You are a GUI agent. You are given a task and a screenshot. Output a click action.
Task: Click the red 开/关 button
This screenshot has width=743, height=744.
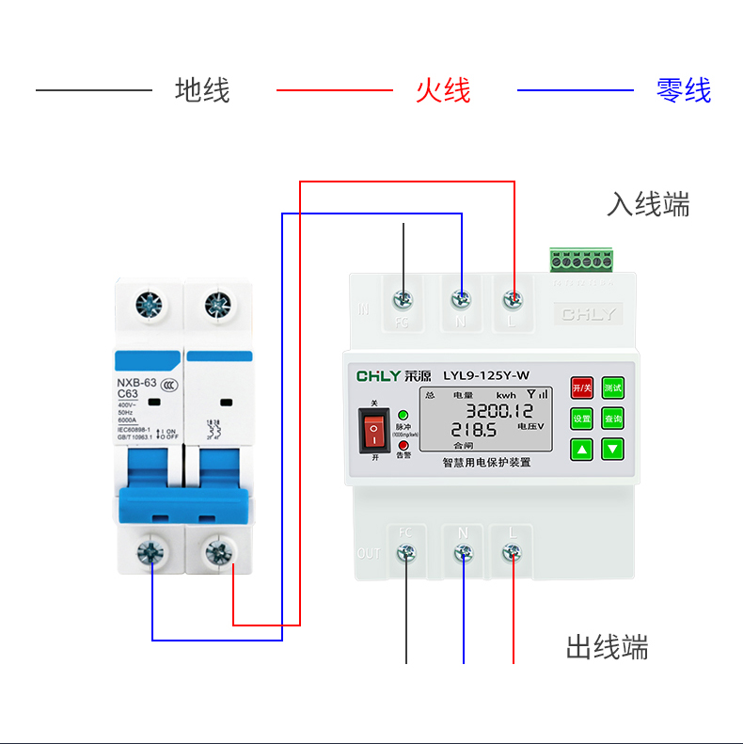click(582, 388)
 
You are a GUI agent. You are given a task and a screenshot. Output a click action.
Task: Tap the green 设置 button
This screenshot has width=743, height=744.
click(582, 419)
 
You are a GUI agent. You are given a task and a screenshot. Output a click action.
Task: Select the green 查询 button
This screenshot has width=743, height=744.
click(613, 419)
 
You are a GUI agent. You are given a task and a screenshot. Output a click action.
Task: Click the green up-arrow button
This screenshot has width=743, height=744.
click(582, 449)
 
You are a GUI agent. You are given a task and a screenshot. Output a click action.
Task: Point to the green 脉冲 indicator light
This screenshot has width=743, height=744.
click(403, 414)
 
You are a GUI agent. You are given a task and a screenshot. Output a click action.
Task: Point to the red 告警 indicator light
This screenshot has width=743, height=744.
click(403, 445)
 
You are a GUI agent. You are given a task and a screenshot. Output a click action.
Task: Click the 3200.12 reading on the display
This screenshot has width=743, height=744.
click(499, 410)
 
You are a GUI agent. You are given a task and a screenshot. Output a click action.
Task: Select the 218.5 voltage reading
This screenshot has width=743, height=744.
click(472, 430)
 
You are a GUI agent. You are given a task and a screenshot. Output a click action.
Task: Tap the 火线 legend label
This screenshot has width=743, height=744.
click(443, 91)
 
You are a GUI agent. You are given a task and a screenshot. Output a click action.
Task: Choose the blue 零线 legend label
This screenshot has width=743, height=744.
click(684, 91)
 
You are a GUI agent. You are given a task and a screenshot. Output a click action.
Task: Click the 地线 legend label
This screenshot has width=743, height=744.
click(202, 91)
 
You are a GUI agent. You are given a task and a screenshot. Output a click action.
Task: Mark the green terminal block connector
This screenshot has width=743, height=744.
click(581, 260)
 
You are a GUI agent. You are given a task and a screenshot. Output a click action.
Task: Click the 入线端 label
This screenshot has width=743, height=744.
click(648, 205)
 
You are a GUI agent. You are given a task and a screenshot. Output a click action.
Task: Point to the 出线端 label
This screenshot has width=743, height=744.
click(607, 647)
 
